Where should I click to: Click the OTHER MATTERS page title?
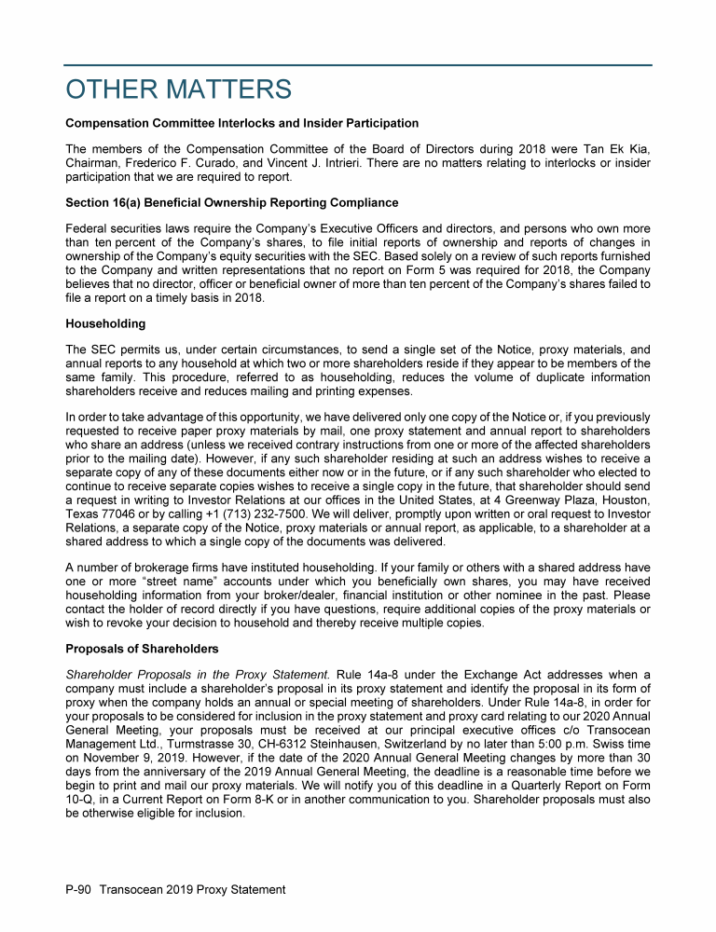click(178, 89)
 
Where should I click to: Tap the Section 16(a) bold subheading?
click(231, 202)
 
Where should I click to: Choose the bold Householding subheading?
click(105, 323)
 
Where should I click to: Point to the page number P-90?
click(79, 889)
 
